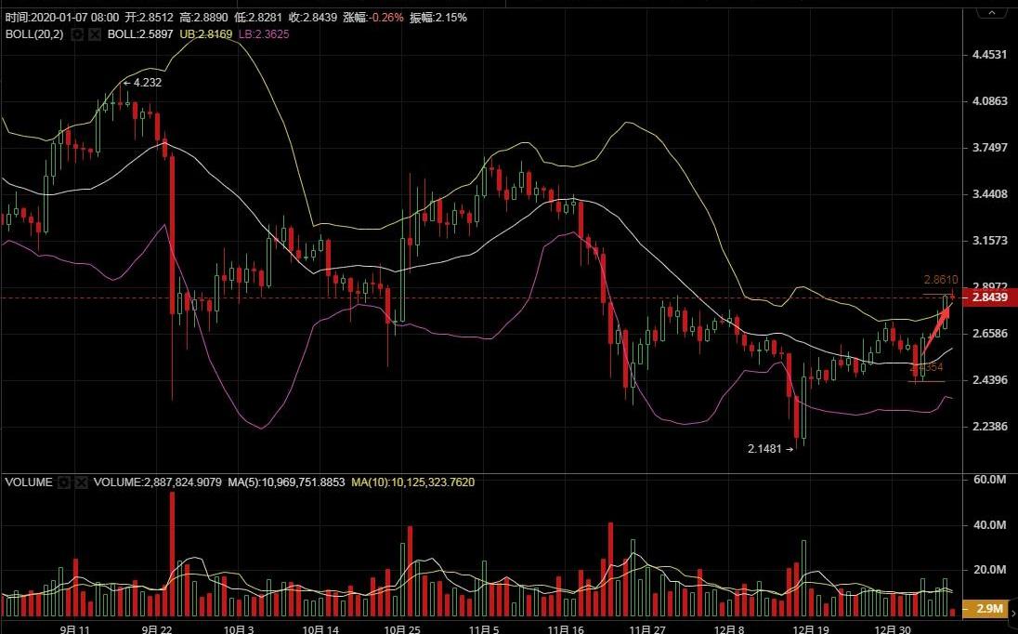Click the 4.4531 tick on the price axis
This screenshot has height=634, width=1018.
(988, 55)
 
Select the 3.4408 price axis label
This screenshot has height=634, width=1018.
(988, 194)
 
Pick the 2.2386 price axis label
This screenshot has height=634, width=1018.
(988, 427)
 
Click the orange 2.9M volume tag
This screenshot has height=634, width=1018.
(990, 609)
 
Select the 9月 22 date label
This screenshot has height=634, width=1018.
(157, 628)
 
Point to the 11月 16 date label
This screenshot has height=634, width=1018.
(565, 628)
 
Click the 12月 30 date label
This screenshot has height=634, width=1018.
(892, 628)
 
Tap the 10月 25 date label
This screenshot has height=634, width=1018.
(402, 628)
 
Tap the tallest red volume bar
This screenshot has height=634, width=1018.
(172, 553)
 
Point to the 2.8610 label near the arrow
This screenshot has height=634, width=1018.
(940, 279)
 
